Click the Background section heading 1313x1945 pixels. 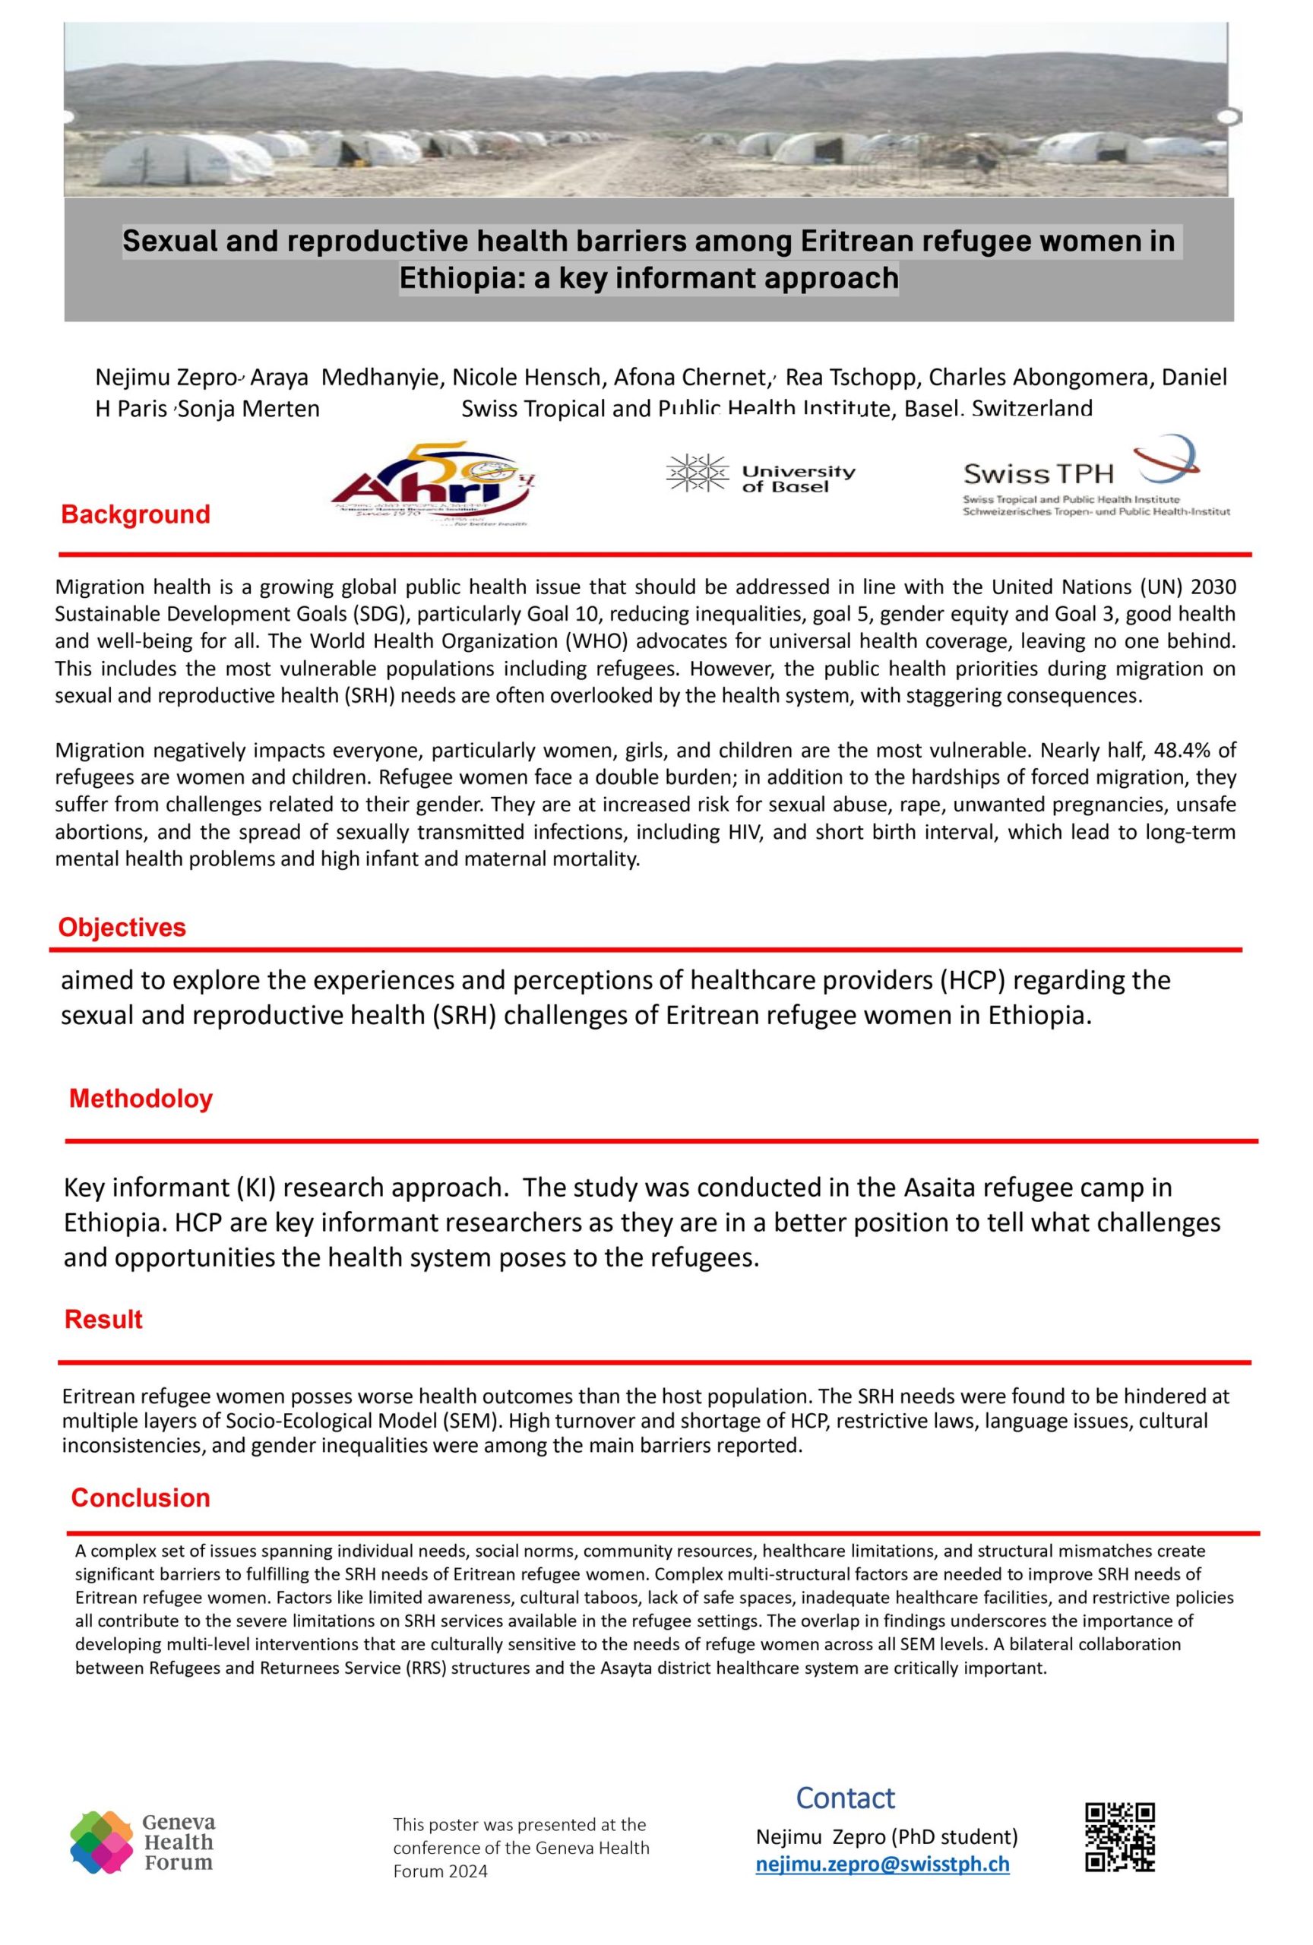point(135,514)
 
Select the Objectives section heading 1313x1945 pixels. point(122,928)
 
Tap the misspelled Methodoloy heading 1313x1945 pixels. point(141,1098)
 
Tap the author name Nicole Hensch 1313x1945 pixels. point(530,378)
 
